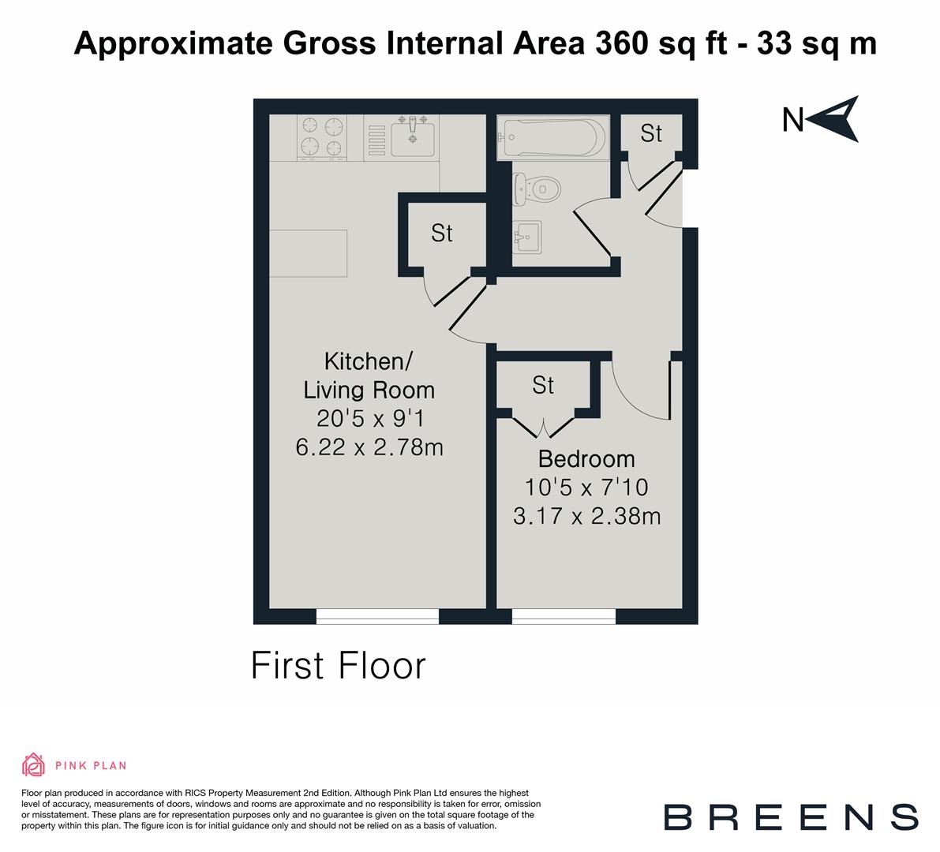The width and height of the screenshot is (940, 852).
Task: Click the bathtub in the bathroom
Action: tap(552, 138)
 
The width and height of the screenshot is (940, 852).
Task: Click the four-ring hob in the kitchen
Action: tap(323, 137)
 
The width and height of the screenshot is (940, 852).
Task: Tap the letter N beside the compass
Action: tap(792, 121)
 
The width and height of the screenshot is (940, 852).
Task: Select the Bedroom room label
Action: tap(586, 458)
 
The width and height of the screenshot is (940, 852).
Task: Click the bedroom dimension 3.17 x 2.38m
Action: tap(586, 517)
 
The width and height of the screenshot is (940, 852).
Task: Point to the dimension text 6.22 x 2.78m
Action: tap(369, 447)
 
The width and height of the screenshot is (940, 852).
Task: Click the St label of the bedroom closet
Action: tap(543, 385)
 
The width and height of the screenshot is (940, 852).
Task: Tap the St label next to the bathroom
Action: tap(651, 133)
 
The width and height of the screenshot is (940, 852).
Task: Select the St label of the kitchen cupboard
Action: tap(442, 233)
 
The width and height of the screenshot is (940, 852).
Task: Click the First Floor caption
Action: tap(339, 665)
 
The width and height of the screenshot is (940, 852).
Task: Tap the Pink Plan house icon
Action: tap(34, 764)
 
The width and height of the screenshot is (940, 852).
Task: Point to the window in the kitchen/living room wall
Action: tap(377, 616)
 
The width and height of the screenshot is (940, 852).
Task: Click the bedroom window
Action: tap(564, 616)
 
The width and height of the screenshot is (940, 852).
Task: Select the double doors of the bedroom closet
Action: tap(544, 427)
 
